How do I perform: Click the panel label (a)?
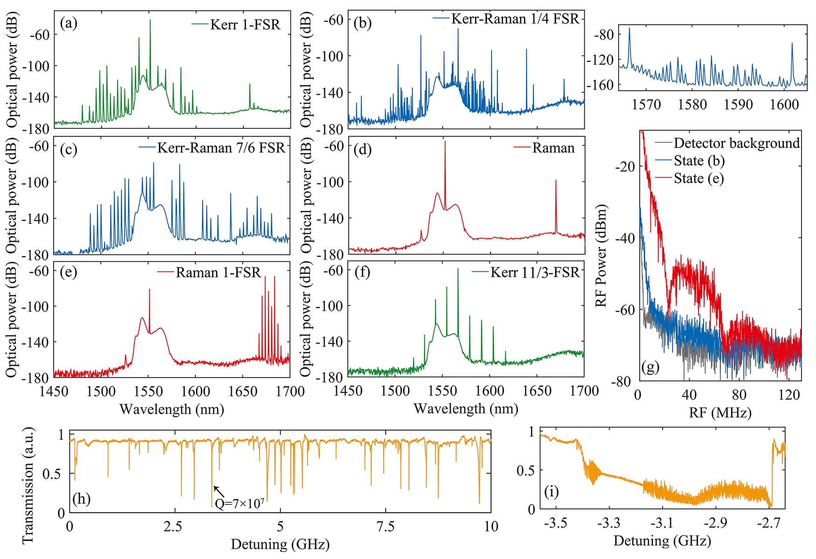(x=69, y=24)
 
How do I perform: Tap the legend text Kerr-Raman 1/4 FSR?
(x=515, y=19)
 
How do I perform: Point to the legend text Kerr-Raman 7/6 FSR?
(x=221, y=148)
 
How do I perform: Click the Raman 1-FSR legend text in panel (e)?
(x=218, y=273)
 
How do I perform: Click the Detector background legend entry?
(x=737, y=143)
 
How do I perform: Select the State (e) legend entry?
(x=698, y=179)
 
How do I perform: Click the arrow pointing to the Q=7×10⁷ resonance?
(x=219, y=490)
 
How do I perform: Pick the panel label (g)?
(x=650, y=367)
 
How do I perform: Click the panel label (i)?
(x=552, y=492)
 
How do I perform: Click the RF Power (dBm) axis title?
(x=602, y=256)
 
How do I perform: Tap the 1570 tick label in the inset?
(x=646, y=105)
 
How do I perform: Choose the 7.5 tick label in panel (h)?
(x=386, y=526)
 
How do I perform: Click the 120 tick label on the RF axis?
(x=789, y=395)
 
